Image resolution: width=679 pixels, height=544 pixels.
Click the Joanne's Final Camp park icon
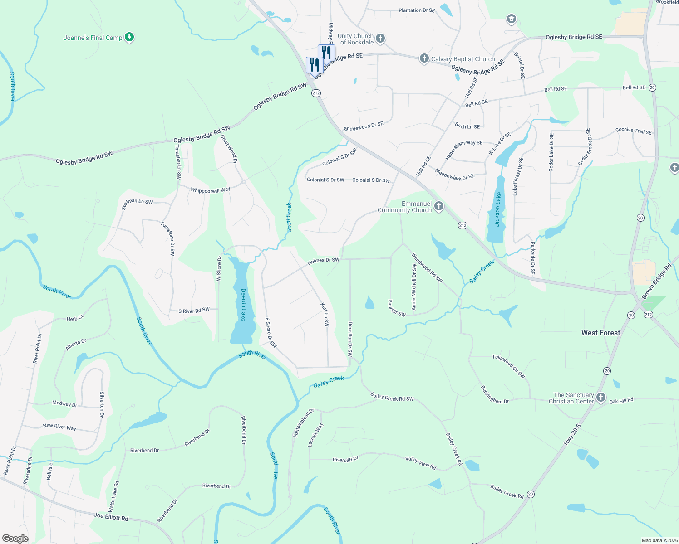point(129,37)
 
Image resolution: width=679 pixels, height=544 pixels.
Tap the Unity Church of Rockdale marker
point(380,39)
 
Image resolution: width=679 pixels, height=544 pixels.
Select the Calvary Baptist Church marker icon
point(424,58)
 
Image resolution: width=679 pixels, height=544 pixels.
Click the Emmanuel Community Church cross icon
point(438,207)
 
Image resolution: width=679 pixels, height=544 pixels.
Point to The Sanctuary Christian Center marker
point(601,398)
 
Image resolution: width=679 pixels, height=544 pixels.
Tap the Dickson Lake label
point(498,209)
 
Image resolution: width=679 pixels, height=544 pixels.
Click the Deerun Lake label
point(243,305)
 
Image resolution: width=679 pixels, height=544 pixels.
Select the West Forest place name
point(600,333)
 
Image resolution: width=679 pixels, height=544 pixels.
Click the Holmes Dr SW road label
point(323,261)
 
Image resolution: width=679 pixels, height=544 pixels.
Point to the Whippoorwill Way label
point(210,190)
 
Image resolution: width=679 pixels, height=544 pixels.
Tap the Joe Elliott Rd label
point(111,516)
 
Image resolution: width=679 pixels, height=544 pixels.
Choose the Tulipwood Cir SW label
point(509,366)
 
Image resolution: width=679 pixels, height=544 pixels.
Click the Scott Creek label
point(289,218)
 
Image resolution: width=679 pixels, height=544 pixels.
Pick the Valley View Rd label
point(420,462)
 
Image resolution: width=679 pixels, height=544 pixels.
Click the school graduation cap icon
point(511,19)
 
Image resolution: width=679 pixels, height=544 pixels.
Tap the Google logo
point(15,538)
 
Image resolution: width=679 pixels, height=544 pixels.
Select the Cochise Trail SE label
point(633,131)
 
